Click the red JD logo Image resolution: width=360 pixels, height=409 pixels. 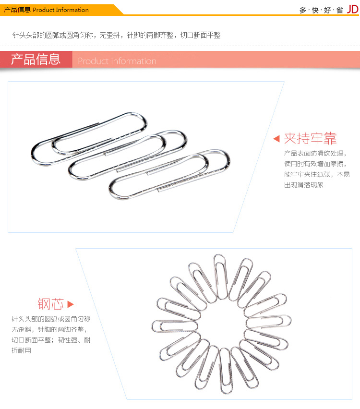coord(352,10)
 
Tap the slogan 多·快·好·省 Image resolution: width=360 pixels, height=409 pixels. coord(321,10)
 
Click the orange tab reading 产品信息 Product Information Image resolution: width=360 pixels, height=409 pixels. coord(46,10)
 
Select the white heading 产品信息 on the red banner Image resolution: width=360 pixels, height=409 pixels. coord(36,59)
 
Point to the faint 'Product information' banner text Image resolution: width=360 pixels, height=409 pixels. coord(117,61)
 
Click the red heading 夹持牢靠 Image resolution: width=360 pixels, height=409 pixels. coord(311,138)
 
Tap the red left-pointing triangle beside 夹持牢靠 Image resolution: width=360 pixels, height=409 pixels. coord(276,139)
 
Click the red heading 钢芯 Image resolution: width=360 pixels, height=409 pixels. coord(50,304)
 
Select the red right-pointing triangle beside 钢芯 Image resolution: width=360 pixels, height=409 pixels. coord(71,304)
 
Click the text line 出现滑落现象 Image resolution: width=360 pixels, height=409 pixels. coord(304,185)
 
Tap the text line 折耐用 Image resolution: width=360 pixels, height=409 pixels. coord(22,350)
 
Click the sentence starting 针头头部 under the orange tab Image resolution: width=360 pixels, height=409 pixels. coord(117,35)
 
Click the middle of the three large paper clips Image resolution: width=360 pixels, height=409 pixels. coord(128,155)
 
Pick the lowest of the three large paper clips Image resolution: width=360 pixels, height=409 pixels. coord(169,174)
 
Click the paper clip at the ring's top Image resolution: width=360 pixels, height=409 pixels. coord(221,277)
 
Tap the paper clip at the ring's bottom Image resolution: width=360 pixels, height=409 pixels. coord(226,371)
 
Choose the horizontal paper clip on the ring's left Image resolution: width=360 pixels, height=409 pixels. coord(175,326)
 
